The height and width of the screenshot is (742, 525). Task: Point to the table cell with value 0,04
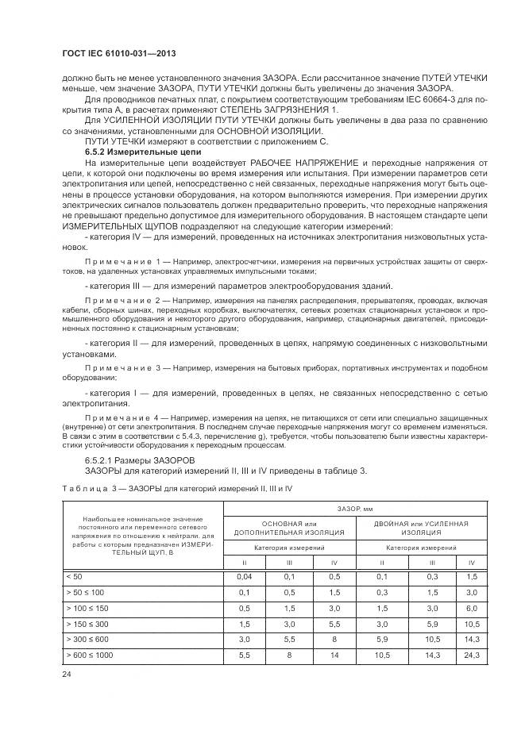click(245, 576)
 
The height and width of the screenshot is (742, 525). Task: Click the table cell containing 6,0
click(470, 608)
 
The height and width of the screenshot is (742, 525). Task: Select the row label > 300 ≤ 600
click(90, 640)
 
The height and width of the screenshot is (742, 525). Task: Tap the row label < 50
click(73, 576)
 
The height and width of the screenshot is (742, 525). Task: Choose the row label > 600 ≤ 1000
click(92, 655)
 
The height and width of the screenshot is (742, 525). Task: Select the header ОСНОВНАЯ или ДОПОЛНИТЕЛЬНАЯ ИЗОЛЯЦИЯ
click(289, 529)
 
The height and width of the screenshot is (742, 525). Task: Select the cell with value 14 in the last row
click(334, 655)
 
